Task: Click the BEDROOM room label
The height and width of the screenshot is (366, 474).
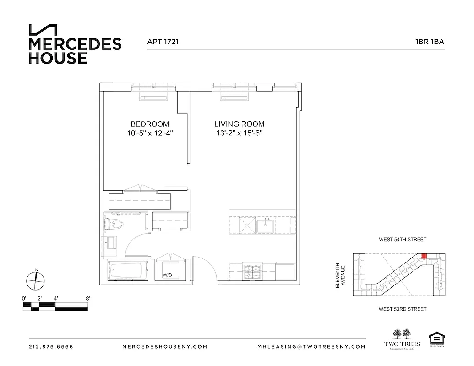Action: [150, 124]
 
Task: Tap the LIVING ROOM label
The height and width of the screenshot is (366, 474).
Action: [240, 124]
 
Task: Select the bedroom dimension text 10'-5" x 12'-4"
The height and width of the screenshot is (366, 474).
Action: [150, 134]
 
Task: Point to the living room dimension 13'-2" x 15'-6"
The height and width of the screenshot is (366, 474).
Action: [240, 134]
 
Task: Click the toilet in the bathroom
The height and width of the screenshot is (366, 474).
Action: [114, 224]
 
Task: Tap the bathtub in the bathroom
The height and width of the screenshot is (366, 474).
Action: [128, 270]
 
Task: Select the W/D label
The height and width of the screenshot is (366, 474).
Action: [167, 275]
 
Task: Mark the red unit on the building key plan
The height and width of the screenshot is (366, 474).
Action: [424, 255]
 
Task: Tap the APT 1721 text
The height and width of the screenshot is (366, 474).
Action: [163, 42]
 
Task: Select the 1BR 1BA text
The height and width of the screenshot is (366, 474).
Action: [430, 42]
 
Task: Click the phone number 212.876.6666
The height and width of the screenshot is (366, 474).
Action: [51, 347]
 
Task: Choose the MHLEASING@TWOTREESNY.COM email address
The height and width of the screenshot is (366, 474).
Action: [311, 347]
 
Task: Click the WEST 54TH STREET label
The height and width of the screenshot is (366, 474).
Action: [403, 239]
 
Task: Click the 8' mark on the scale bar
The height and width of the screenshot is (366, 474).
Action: [87, 298]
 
